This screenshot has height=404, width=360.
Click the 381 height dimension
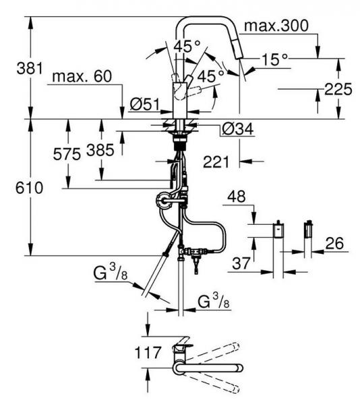(30, 69)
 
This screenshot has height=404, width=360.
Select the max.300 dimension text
(276, 26)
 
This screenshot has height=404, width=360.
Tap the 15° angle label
(274, 59)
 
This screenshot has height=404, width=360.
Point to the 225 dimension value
(338, 89)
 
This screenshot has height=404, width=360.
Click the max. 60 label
(82, 76)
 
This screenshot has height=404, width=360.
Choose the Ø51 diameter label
(145, 104)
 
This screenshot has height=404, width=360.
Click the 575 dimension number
(67, 155)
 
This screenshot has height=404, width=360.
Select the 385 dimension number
(100, 150)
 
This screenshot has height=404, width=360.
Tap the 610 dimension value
(30, 188)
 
